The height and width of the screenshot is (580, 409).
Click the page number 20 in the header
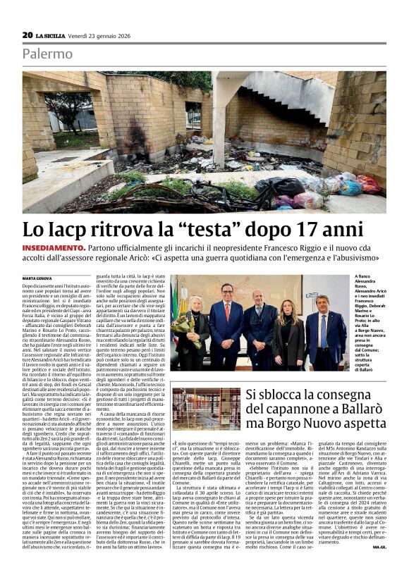click(28, 35)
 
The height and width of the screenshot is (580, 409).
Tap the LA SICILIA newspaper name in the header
click(51, 35)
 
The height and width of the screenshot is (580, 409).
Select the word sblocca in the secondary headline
click(279, 395)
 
